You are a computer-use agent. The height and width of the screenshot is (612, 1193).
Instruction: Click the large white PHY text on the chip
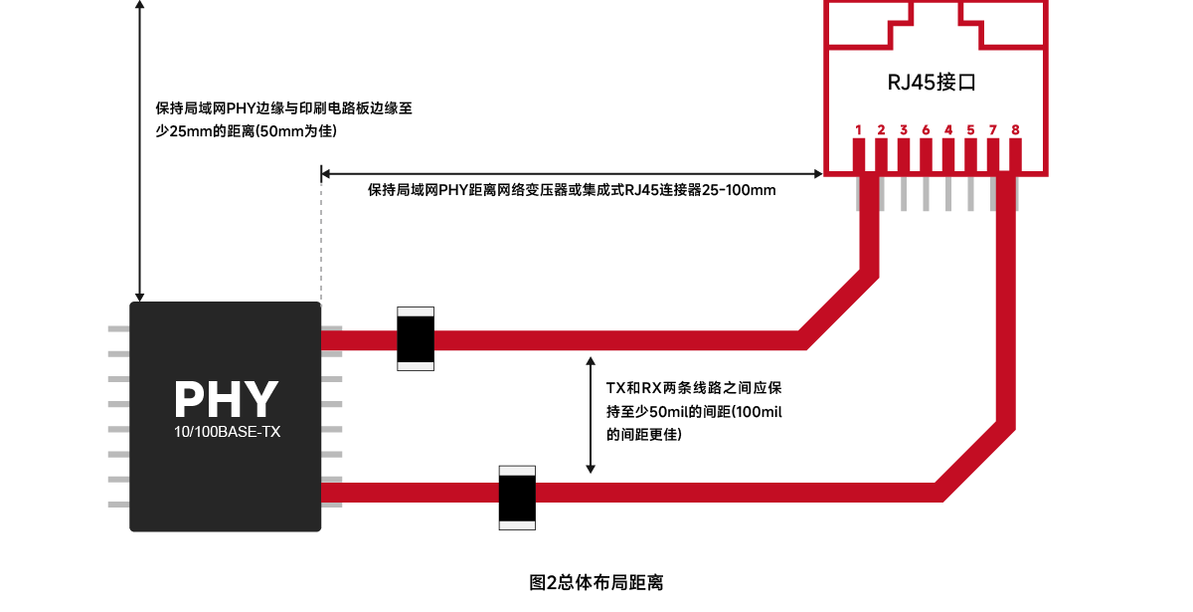[226, 399]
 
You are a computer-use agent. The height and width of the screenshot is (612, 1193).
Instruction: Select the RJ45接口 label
[932, 83]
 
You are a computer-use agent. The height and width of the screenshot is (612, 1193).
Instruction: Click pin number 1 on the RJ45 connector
[858, 130]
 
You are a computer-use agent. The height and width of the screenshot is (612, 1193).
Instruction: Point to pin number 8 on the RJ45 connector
[1015, 130]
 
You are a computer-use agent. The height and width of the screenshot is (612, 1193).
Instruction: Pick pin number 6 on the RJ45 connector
[926, 130]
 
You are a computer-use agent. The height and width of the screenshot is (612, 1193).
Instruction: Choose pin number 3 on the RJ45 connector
[904, 130]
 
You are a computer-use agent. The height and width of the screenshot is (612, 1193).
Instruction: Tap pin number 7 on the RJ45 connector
[992, 130]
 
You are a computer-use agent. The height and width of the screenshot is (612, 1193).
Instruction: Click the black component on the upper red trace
[417, 339]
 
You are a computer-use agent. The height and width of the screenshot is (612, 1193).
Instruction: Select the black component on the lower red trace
[517, 494]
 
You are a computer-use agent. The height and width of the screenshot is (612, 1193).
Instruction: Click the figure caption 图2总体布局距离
[596, 583]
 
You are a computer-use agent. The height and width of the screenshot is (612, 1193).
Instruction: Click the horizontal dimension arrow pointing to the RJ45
[571, 172]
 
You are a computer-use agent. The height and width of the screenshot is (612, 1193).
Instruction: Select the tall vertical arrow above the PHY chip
[140, 149]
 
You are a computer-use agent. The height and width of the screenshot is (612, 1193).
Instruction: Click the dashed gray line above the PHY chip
[321, 239]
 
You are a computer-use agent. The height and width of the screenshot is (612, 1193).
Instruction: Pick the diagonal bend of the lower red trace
[974, 458]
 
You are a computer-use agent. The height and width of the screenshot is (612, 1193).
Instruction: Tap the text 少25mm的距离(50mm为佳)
[254, 130]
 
